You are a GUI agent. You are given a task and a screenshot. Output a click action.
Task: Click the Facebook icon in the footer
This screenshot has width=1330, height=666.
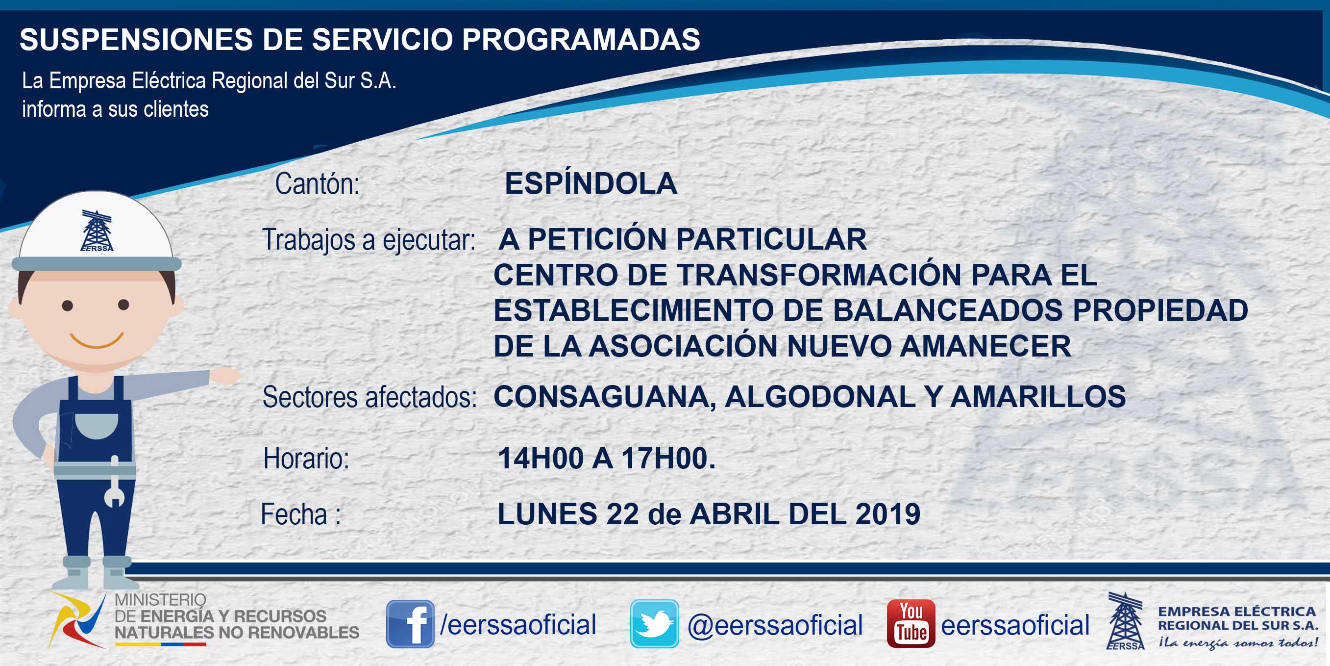(410, 624)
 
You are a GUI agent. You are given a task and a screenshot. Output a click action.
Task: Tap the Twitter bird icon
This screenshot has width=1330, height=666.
(654, 624)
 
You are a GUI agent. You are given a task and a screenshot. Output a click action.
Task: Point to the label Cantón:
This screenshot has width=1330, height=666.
(318, 184)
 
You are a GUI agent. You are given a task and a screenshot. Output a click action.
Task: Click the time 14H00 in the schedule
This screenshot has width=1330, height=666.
(541, 458)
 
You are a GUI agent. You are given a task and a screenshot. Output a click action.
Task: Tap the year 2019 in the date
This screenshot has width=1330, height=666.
(887, 513)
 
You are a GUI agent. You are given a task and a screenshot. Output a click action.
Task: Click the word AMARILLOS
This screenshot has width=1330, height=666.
(1038, 397)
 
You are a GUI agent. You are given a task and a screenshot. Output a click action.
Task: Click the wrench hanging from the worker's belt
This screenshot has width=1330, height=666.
(115, 482)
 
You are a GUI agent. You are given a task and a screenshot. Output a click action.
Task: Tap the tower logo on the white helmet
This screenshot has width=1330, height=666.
(97, 231)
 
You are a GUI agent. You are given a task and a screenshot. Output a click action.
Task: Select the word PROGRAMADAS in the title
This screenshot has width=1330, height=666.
(581, 39)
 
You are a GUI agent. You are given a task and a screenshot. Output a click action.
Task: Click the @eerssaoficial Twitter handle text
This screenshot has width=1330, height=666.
(775, 625)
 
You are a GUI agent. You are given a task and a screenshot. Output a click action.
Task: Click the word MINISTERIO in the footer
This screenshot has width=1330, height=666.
(161, 600)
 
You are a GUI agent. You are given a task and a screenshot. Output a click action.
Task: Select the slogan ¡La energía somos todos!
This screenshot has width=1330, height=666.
(1237, 643)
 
